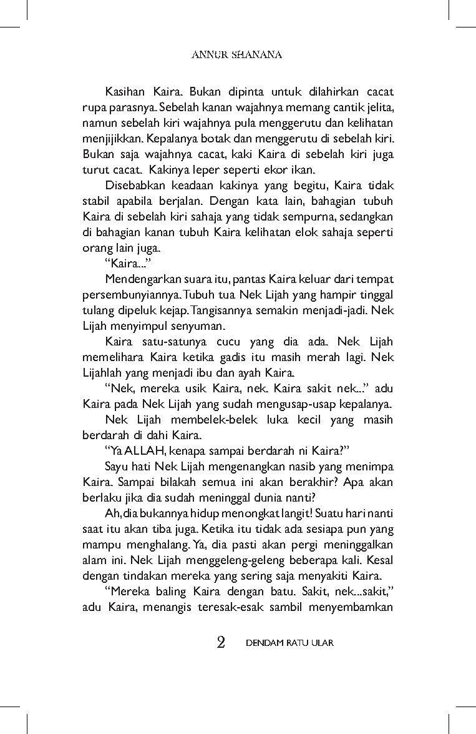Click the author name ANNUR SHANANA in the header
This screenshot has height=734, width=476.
[x=236, y=55]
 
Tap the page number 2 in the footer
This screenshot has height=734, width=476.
[x=220, y=643]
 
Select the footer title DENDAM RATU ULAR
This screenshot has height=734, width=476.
[x=289, y=643]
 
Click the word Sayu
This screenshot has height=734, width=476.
[x=117, y=465]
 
